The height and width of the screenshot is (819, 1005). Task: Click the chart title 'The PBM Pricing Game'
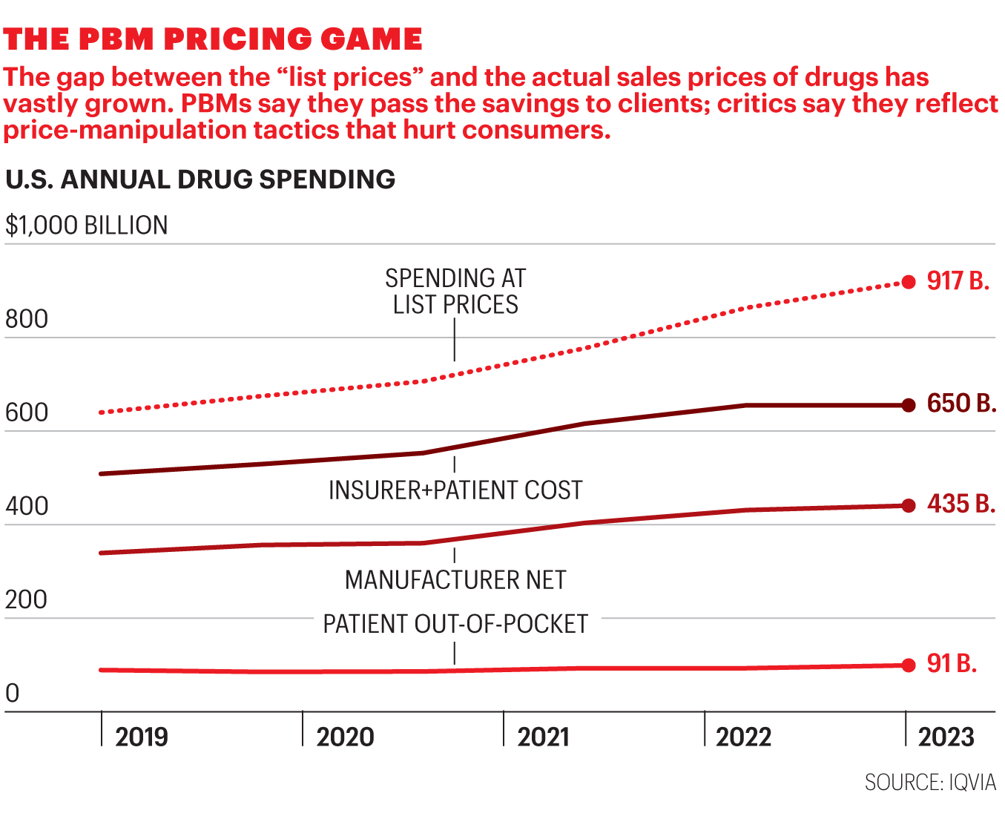[213, 39]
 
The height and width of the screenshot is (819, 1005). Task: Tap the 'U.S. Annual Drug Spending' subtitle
[200, 180]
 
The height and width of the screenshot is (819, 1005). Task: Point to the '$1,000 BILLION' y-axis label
[87, 226]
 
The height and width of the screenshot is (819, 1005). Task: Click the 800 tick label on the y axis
[27, 319]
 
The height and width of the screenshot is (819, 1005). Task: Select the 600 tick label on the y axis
[27, 412]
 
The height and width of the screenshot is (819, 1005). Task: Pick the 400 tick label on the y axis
[27, 506]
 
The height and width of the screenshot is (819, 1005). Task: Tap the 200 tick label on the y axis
[27, 599]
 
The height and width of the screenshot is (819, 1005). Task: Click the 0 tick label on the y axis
[13, 693]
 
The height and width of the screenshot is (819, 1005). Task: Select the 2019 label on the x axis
[142, 737]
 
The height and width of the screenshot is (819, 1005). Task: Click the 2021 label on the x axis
[544, 737]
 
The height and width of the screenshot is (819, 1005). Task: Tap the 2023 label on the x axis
[946, 737]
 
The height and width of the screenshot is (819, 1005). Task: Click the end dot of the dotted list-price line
[909, 282]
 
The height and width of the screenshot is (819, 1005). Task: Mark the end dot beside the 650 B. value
[909, 405]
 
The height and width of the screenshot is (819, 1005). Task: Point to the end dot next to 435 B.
[909, 506]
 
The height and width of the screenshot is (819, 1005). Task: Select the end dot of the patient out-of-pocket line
[909, 665]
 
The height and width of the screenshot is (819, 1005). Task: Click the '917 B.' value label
[958, 281]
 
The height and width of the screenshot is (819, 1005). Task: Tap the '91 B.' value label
[952, 663]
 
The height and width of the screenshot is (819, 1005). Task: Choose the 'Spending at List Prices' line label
[455, 292]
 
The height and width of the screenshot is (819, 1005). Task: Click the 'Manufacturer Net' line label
[455, 579]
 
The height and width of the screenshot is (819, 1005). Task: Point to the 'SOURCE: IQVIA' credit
[930, 783]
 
